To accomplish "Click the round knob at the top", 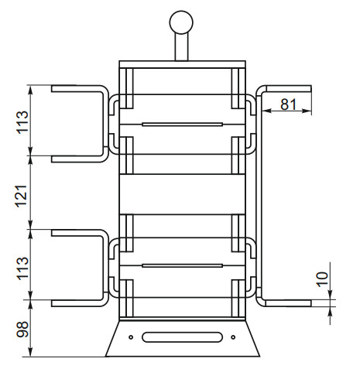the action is pos(181,22).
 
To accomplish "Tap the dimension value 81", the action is pos(289,104).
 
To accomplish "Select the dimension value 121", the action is pos(22,196).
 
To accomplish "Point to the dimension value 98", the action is pos(22,330).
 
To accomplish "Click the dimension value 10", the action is pos(322,279).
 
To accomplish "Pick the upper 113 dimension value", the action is pos(22,121).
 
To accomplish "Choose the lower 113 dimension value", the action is pos(22,268).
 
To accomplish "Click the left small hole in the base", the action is pos(131,337).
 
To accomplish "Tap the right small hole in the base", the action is pos(233,337).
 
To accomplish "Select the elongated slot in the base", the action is pos(182,337).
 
